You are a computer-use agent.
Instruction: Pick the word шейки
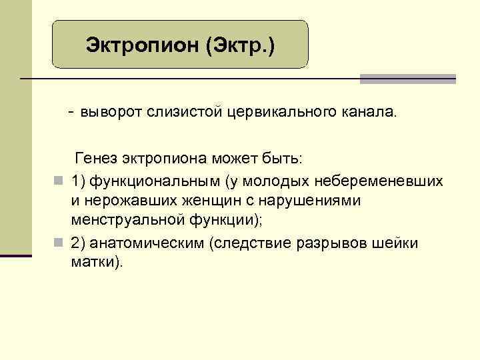[399, 242]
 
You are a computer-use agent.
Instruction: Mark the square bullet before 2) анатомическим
[59, 243]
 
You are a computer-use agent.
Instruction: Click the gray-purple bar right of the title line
[407, 79]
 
